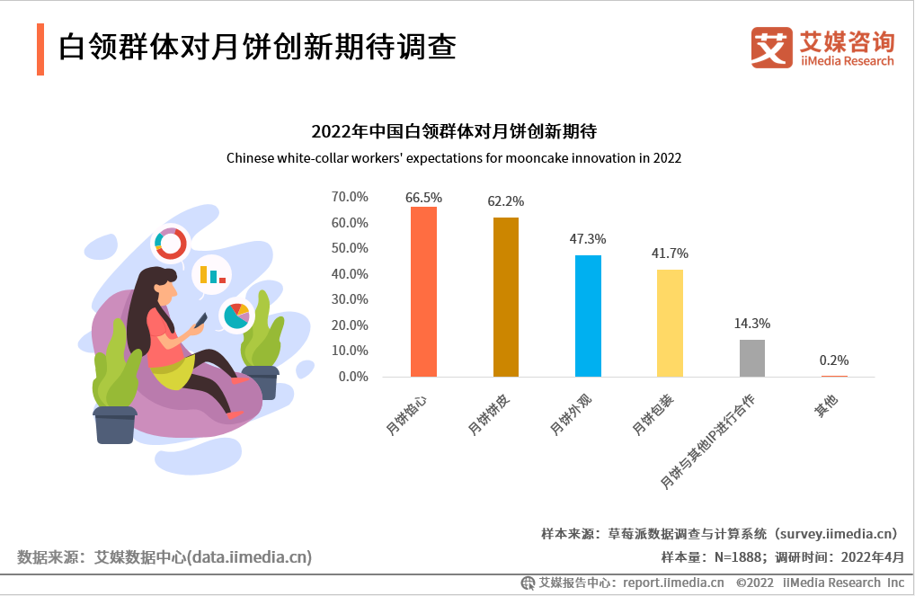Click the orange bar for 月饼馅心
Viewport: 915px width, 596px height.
pos(423,291)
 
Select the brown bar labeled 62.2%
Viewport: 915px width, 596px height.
pos(506,297)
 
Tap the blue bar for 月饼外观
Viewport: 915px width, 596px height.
pos(588,316)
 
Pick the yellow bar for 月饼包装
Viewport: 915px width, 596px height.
pos(670,323)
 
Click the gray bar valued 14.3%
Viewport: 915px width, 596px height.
pos(752,358)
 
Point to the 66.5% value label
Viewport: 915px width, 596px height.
pos(423,197)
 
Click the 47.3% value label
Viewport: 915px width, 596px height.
pos(588,239)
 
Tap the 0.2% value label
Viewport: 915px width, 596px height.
pos(834,360)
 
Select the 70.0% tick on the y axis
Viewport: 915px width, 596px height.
pos(350,197)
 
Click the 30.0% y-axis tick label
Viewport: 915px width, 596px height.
pos(350,299)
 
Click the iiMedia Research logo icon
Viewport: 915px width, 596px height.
pos(771,47)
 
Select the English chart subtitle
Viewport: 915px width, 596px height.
pos(454,158)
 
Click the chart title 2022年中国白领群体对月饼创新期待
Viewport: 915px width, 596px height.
pos(454,131)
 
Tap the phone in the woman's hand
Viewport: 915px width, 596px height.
pos(201,320)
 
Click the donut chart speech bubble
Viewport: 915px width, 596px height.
pos(170,242)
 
